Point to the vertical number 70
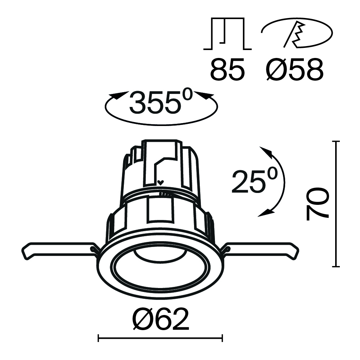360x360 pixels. [318, 203]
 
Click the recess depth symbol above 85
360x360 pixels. [228, 34]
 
